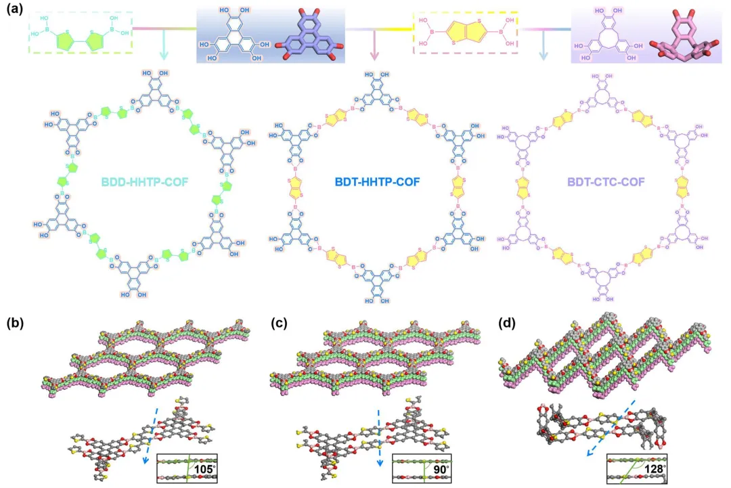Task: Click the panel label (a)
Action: coord(16,12)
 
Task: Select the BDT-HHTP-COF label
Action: coord(372,183)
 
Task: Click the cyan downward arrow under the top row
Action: coord(163,47)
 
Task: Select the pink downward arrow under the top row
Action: coord(374,47)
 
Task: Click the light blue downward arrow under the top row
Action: coord(544,47)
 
